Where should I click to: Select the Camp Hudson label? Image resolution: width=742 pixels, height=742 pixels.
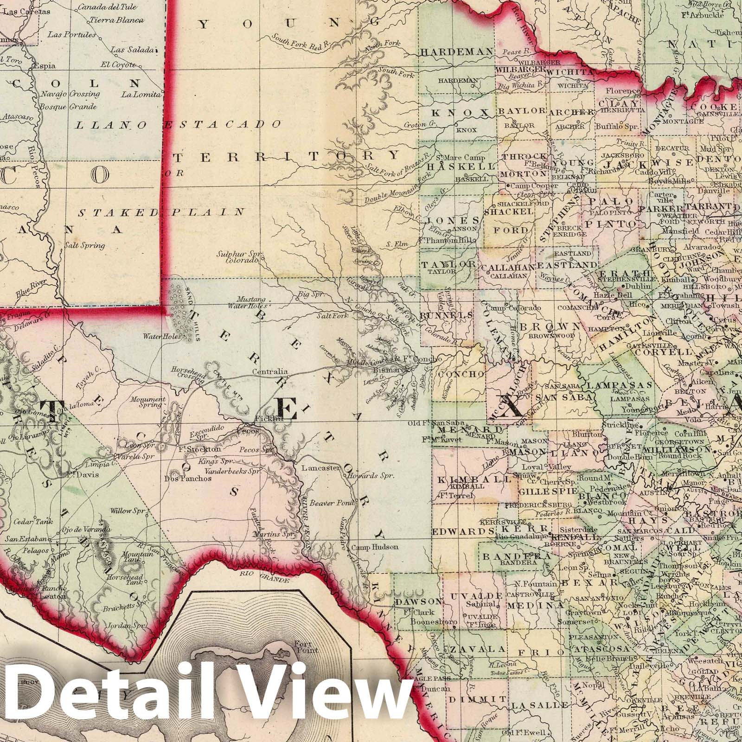(375, 547)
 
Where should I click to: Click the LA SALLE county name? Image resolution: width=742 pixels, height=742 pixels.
(539, 705)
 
